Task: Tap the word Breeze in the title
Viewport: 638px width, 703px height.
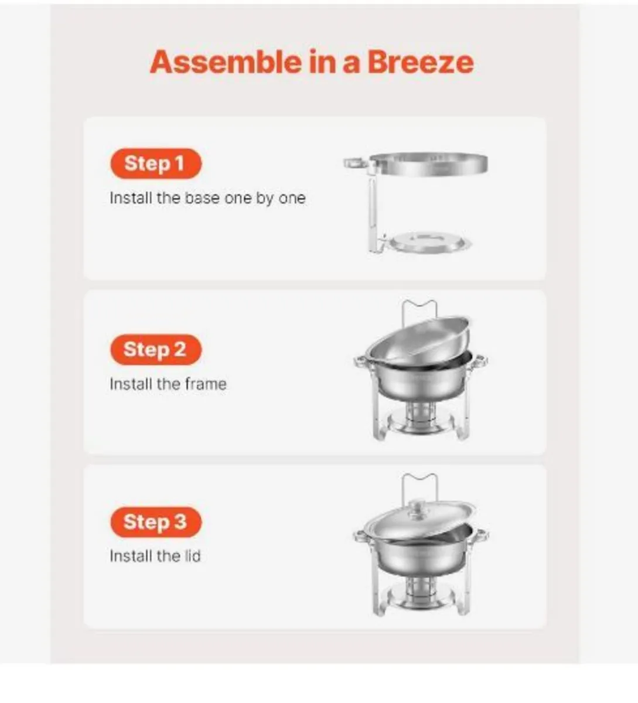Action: click(x=420, y=62)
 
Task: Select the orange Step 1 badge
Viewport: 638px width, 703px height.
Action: click(x=155, y=163)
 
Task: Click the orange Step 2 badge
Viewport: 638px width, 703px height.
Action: click(x=155, y=350)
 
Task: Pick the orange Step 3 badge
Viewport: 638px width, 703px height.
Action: click(x=155, y=522)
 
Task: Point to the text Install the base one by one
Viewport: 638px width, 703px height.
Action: click(x=207, y=198)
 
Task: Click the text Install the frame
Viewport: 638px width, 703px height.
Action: click(x=168, y=384)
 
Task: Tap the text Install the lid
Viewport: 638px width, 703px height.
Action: click(x=155, y=556)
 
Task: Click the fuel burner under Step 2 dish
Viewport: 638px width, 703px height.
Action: click(x=420, y=413)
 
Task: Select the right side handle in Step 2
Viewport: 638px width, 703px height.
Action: click(x=480, y=361)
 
